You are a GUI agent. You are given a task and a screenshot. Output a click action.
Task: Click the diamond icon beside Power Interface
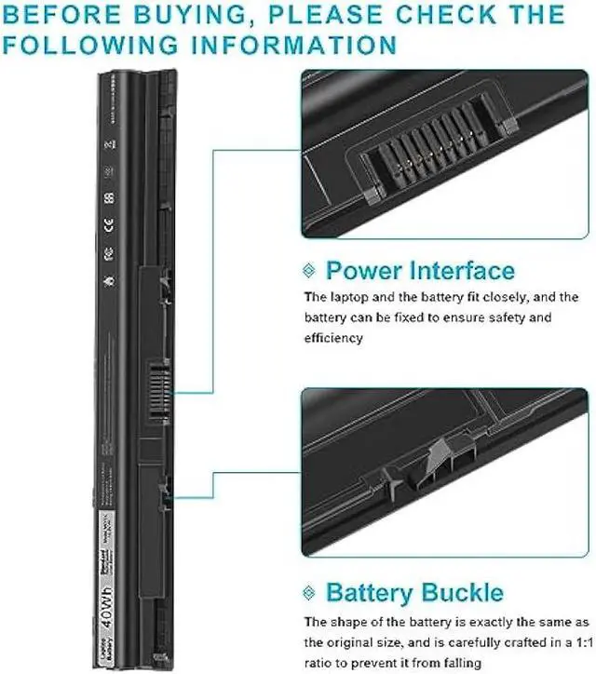coord(310,270)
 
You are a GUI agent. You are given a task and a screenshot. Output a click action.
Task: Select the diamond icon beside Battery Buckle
coord(310,592)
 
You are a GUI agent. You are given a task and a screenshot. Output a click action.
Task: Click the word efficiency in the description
coord(333,338)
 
